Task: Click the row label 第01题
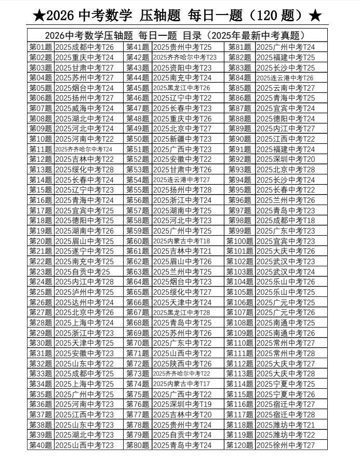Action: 41,47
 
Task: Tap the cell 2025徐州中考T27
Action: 286,445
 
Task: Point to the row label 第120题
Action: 240,445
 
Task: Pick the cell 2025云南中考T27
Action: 286,88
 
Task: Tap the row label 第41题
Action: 138,47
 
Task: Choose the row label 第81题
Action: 240,47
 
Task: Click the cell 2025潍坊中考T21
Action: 286,425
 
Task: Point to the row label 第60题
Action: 138,241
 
